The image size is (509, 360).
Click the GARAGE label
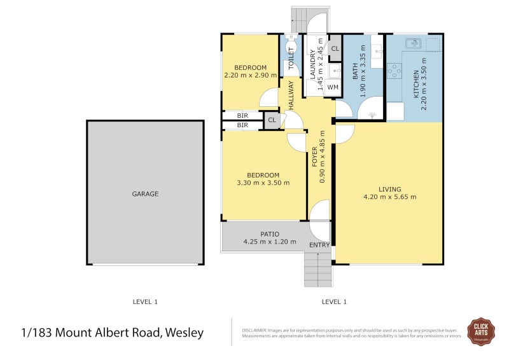pyautogui.click(x=145, y=194)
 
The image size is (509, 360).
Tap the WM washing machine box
pyautogui.click(x=332, y=87)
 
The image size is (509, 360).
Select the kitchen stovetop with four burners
pyautogui.click(x=394, y=70)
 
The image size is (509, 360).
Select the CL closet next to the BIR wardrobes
pyautogui.click(x=272, y=120)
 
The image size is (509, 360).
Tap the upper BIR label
pyautogui.click(x=242, y=116)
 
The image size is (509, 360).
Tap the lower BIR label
pyautogui.click(x=242, y=126)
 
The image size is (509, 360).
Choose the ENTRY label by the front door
pyautogui.click(x=319, y=245)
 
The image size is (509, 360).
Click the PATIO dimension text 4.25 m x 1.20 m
pyautogui.click(x=270, y=242)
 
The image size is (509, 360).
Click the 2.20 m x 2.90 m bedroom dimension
pyautogui.click(x=250, y=75)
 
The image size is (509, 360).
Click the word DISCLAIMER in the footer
pyautogui.click(x=256, y=330)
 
